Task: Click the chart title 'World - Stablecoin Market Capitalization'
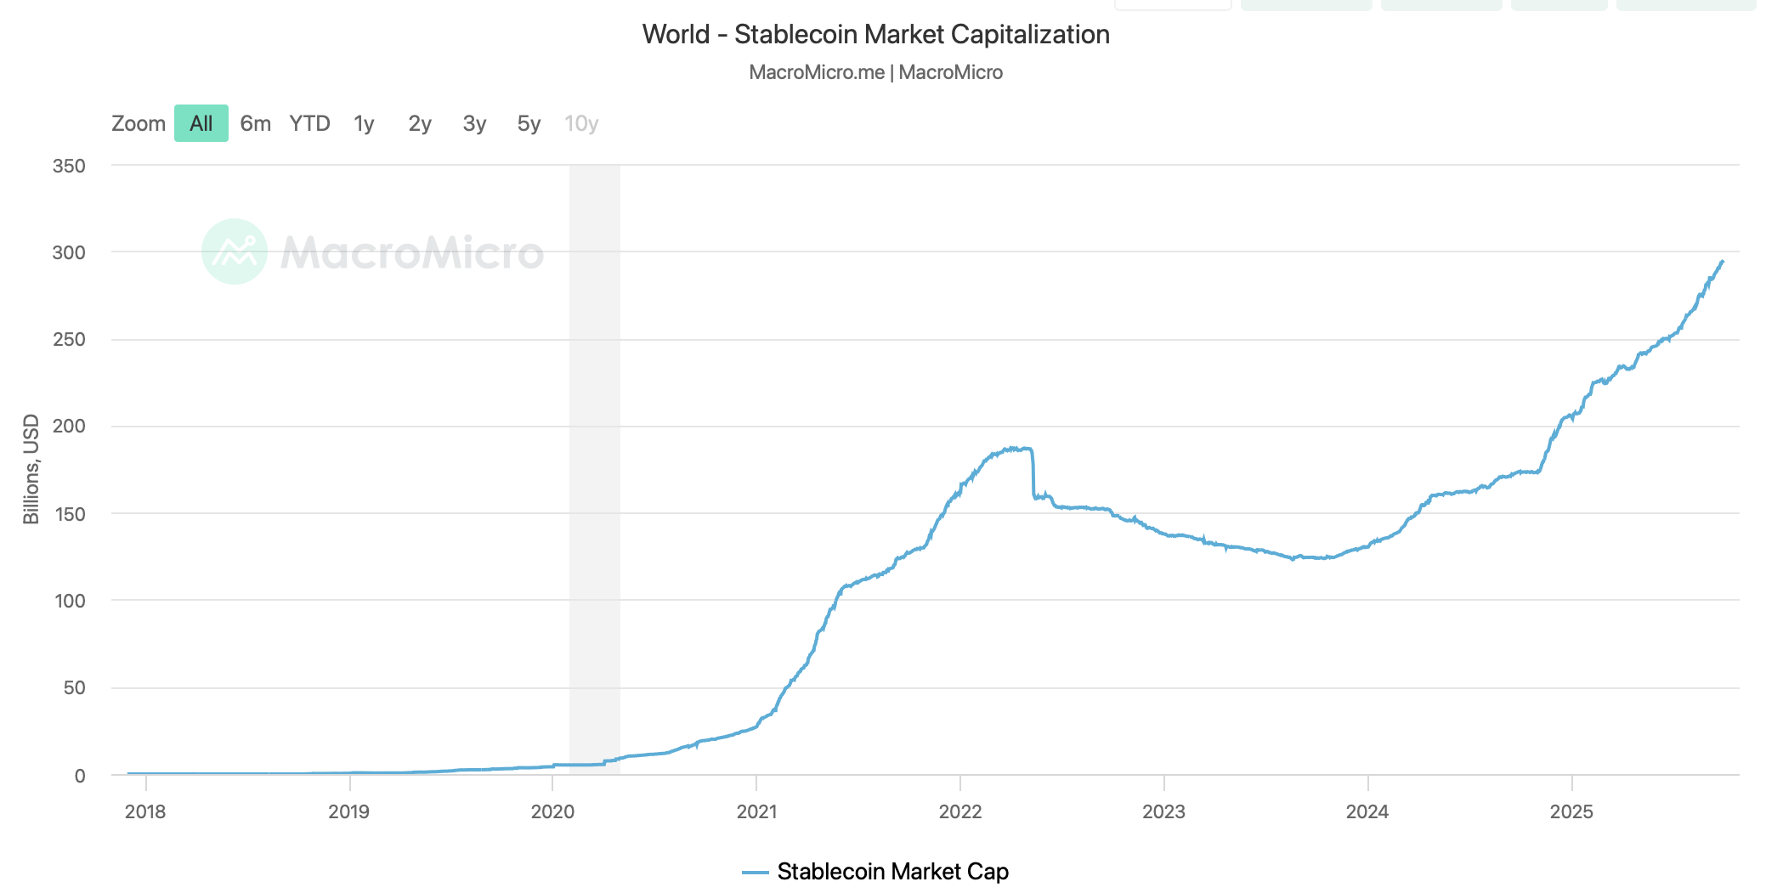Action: click(875, 35)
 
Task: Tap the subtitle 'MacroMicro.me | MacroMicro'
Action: click(875, 72)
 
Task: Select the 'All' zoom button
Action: click(201, 123)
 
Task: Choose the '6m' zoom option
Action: click(255, 123)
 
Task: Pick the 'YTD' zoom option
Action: click(309, 123)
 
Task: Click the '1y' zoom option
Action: click(364, 123)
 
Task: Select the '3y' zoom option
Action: click(474, 123)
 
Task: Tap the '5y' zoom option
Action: click(529, 123)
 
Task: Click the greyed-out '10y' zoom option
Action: click(581, 123)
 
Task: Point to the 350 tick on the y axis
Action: click(69, 166)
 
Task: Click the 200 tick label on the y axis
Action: click(69, 426)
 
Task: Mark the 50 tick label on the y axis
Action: click(74, 687)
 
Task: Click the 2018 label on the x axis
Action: click(145, 811)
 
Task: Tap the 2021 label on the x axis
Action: click(756, 811)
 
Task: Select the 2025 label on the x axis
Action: click(1571, 811)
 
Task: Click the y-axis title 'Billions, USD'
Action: click(31, 469)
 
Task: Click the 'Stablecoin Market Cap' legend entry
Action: click(891, 872)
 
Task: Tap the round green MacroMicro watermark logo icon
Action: click(235, 252)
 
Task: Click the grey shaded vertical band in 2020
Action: click(594, 467)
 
